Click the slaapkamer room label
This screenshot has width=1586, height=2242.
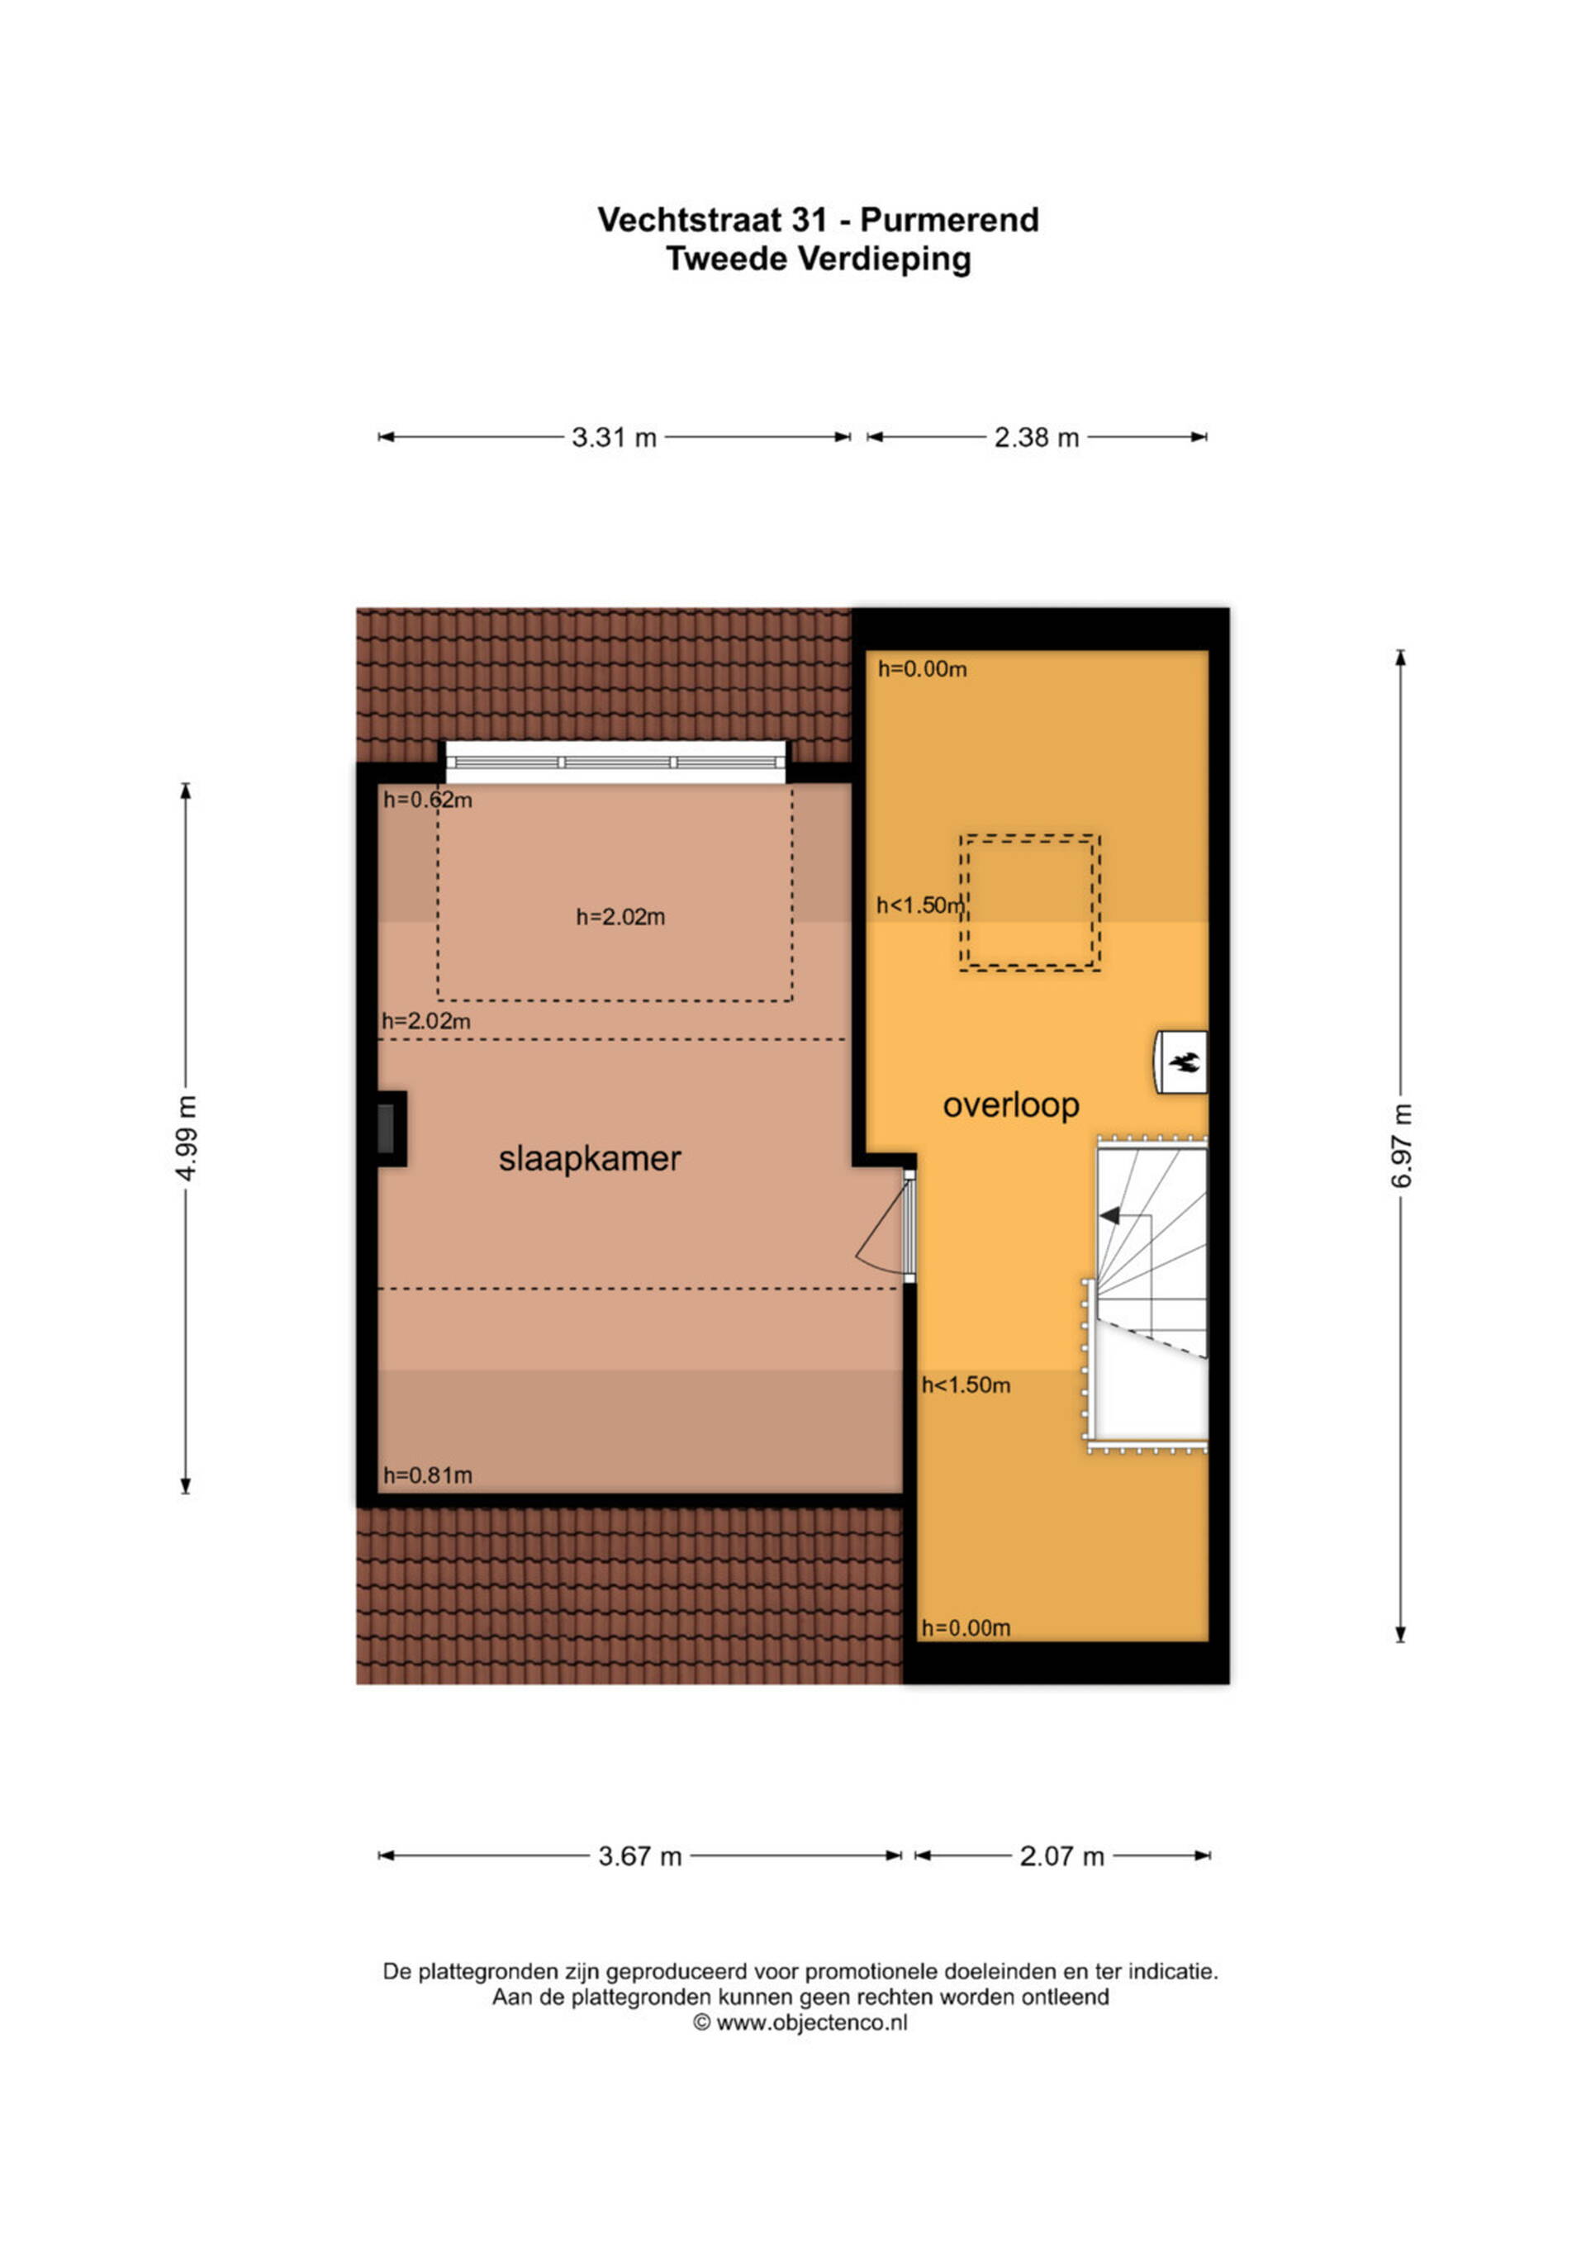coord(590,1159)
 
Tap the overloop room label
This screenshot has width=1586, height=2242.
coord(1011,1105)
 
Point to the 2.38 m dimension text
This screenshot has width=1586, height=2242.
coord(1036,438)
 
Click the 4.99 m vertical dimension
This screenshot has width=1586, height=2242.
coord(187,1138)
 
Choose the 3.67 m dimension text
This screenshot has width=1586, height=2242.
coord(639,1856)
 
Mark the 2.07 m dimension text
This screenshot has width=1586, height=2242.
coord(1061,1856)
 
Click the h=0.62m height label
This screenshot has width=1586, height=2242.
coord(428,800)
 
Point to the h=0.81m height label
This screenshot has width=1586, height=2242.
coord(428,1475)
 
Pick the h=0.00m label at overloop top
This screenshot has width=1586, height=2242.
coord(922,669)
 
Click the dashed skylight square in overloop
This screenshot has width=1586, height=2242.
coord(1030,903)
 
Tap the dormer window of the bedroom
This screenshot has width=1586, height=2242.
coord(616,762)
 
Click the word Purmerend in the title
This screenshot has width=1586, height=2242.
coord(949,220)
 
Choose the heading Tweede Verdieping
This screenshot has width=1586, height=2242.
coord(819,259)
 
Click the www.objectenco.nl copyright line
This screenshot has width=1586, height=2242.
coord(800,2023)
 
